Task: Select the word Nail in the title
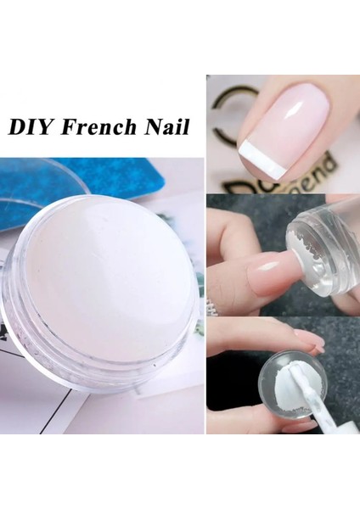[x=163, y=127]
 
